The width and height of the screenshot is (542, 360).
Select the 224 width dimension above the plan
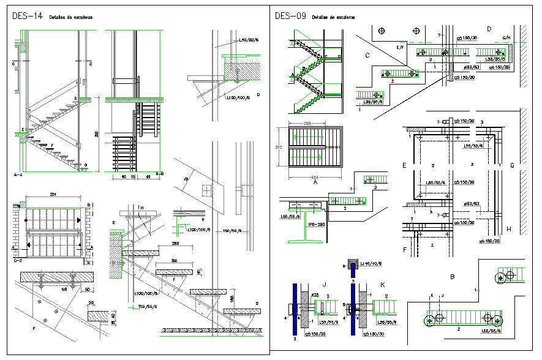[x=53, y=195]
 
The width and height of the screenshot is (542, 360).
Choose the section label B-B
[x=159, y=174]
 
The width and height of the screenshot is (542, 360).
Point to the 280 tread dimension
[x=158, y=244]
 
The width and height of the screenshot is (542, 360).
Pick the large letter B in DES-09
[x=452, y=277]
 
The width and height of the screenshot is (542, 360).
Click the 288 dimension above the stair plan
[x=313, y=124]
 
